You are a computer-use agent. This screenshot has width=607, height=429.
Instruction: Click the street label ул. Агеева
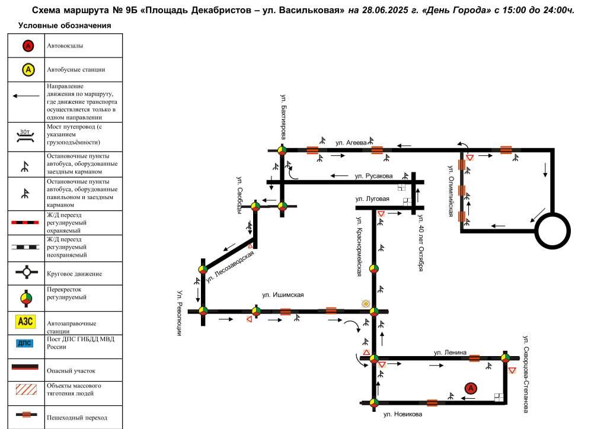tap(351, 143)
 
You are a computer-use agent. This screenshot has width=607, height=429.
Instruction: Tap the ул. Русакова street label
tap(373, 176)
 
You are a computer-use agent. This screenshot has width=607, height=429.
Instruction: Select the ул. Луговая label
tap(372, 199)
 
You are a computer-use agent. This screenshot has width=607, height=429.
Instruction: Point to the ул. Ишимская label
tap(283, 294)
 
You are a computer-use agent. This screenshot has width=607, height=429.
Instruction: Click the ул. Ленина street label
tap(450, 353)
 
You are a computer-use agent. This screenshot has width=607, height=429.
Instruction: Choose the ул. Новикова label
tap(402, 414)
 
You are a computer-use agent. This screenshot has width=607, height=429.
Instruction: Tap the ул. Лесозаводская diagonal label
tap(230, 267)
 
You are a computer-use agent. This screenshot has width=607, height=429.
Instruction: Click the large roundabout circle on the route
tap(552, 231)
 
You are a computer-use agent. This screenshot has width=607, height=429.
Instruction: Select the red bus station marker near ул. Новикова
tap(470, 388)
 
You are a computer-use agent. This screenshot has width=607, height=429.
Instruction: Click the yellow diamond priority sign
tap(366, 303)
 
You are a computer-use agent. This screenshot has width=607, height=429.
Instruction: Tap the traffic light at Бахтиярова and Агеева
tap(282, 150)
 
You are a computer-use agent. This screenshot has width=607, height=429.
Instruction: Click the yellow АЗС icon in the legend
tap(25, 322)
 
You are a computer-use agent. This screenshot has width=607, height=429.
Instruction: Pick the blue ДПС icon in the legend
tap(25, 343)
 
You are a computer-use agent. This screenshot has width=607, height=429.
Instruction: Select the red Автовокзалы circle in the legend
tap(28, 46)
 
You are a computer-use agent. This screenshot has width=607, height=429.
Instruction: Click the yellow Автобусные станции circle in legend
tap(28, 70)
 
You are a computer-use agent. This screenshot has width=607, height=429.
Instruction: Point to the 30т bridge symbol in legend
tap(25, 135)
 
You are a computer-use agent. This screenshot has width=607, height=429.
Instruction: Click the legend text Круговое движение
tap(74, 274)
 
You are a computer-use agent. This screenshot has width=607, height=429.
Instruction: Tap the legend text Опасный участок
tap(71, 370)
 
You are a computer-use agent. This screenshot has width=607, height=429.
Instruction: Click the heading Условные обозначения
tap(65, 25)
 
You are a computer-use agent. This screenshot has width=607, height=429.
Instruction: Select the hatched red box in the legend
tap(26, 389)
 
